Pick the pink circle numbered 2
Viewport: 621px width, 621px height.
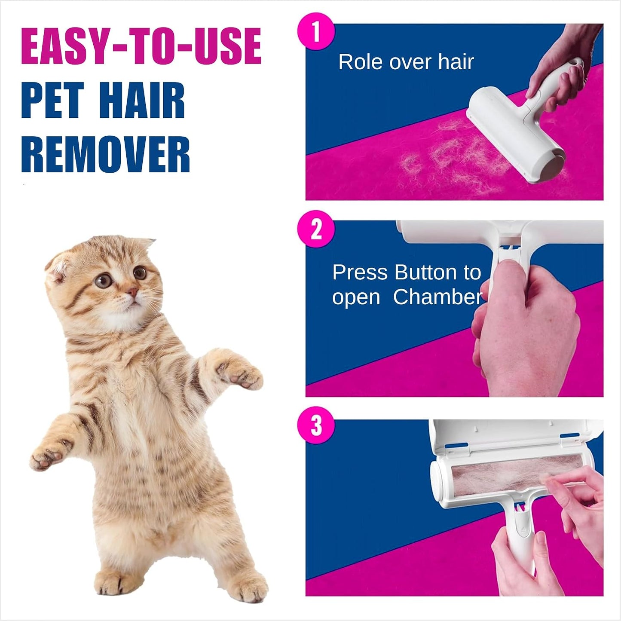tap(316, 229)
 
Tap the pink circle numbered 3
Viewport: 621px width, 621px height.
tap(316, 425)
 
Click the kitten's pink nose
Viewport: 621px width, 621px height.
tap(132, 293)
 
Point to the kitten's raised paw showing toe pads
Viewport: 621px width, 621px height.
tap(239, 373)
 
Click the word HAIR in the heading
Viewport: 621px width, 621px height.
tap(142, 100)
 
